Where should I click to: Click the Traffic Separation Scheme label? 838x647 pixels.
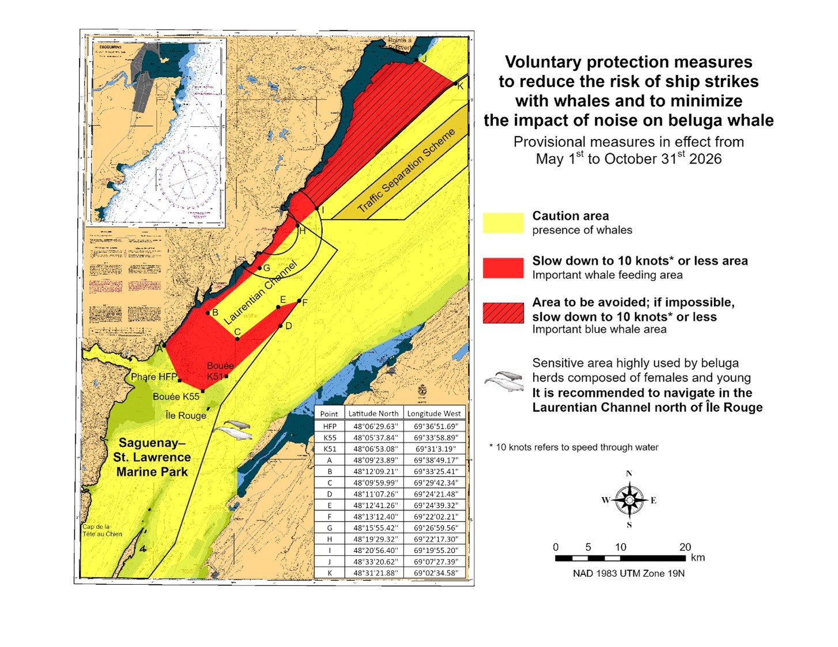coord(406,170)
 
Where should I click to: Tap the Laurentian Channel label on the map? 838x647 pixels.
coord(261,292)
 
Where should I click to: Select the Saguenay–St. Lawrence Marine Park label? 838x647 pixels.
coord(152,457)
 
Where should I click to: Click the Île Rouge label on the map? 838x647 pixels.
coord(186,415)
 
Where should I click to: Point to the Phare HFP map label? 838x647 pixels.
coord(154,377)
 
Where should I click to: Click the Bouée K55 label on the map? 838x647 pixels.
coord(176,396)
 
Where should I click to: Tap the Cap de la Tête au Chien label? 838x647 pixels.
coord(102,530)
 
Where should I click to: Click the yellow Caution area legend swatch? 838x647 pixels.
coord(503,223)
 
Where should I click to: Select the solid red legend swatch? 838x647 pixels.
coord(503,268)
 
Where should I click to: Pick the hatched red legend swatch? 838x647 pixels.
coord(503,313)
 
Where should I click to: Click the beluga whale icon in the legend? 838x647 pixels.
coord(504,381)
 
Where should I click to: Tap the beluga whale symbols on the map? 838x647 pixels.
coord(233,429)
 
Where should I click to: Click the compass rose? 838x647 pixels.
coord(629,500)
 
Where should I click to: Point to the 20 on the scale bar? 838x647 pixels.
coord(685,547)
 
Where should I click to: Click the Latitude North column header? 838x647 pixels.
coord(373,414)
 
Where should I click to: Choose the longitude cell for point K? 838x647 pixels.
coord(435,573)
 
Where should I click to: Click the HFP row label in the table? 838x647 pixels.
coord(329,426)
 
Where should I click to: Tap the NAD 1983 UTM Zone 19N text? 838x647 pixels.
coord(628,573)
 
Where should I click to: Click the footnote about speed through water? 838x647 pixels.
coord(573,447)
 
